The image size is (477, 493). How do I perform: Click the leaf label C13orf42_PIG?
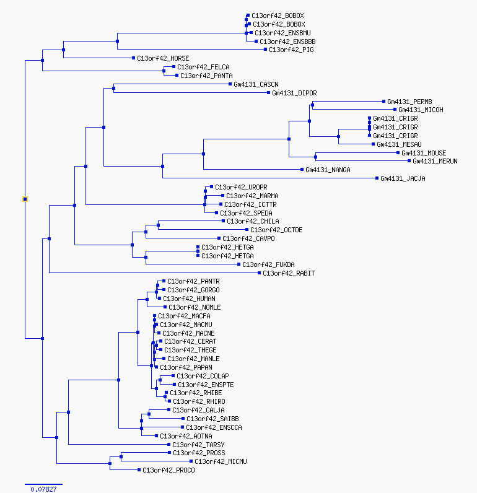pos(291,50)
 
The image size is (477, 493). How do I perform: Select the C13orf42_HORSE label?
pos(163,59)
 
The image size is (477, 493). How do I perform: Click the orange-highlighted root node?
pos(25,199)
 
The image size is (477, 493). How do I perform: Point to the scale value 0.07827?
pos(43,489)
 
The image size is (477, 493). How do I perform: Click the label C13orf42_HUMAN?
pos(189,299)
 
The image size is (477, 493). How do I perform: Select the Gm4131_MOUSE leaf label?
pos(424,153)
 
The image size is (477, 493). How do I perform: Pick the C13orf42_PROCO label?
pos(168,470)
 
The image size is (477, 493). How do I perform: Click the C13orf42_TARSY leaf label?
pos(198,445)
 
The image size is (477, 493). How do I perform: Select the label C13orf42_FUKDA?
pos(268,264)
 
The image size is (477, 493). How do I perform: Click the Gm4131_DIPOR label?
pos(294,94)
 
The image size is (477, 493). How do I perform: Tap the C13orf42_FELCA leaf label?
pos(203,67)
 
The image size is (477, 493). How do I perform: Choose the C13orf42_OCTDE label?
pos(276,230)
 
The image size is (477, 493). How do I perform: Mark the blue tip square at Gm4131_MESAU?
pos(373,144)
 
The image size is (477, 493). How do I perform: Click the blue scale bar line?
pos(43,483)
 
